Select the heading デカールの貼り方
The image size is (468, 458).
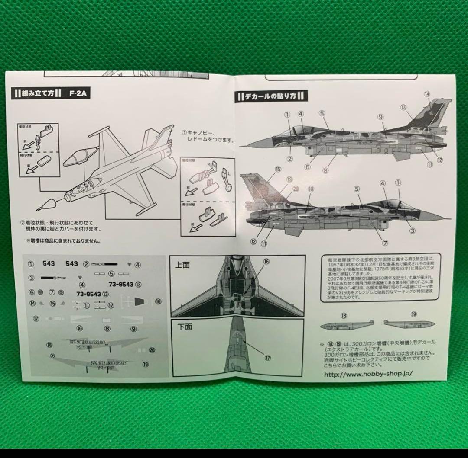click(x=271, y=96)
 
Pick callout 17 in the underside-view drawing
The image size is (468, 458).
click(x=266, y=358)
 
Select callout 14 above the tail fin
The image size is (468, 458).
click(x=427, y=94)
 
